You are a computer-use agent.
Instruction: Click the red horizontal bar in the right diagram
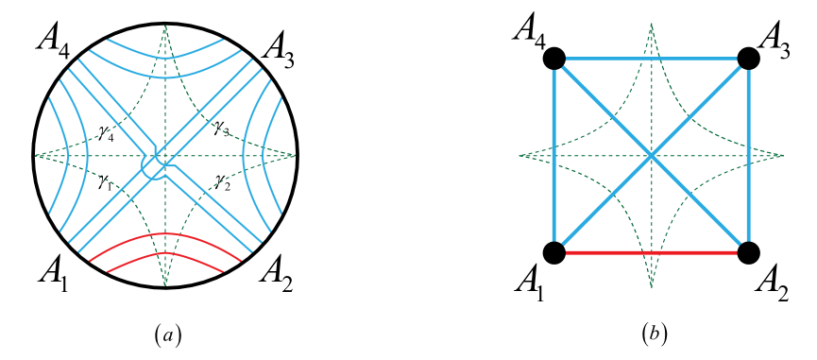tap(651, 252)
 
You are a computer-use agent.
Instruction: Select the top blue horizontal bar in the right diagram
tap(651, 59)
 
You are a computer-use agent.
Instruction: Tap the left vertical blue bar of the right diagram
tap(553, 156)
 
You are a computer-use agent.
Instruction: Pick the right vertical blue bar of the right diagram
tap(748, 156)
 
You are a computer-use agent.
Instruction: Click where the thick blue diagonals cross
tap(651, 156)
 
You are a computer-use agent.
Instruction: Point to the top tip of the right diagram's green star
tap(651, 26)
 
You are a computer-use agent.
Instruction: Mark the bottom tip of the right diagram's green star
tap(651, 284)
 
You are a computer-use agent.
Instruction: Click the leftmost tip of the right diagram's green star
tap(521, 156)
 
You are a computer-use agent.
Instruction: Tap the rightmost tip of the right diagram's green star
tap(781, 156)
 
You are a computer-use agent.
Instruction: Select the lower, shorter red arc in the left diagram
tap(165, 254)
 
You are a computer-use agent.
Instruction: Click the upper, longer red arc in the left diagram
tap(165, 233)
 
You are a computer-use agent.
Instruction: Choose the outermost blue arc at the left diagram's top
tap(165, 42)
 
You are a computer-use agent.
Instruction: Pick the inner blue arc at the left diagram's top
tap(165, 59)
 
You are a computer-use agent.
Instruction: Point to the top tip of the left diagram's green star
tap(165, 27)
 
